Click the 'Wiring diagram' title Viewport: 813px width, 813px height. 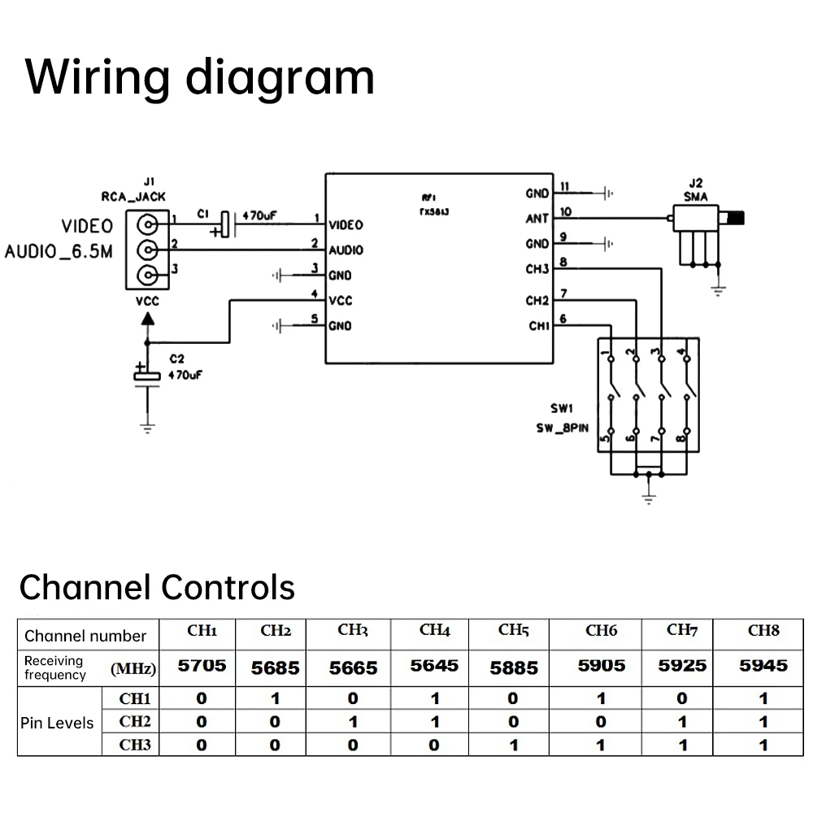[x=200, y=78]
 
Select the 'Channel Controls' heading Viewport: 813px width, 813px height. [x=157, y=586]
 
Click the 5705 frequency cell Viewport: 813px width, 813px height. [x=202, y=666]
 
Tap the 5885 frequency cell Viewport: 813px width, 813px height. [x=513, y=667]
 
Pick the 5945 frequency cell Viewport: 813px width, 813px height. [x=763, y=666]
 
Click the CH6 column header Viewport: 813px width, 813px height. [x=601, y=631]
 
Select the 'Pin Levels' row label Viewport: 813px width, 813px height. [x=56, y=722]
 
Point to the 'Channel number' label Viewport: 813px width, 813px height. [x=85, y=636]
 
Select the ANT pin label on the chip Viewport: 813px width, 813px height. [x=537, y=219]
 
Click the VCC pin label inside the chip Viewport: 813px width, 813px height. [x=341, y=301]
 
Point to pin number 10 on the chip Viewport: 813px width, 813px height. [x=566, y=212]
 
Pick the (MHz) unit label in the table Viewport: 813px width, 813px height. [x=133, y=669]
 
